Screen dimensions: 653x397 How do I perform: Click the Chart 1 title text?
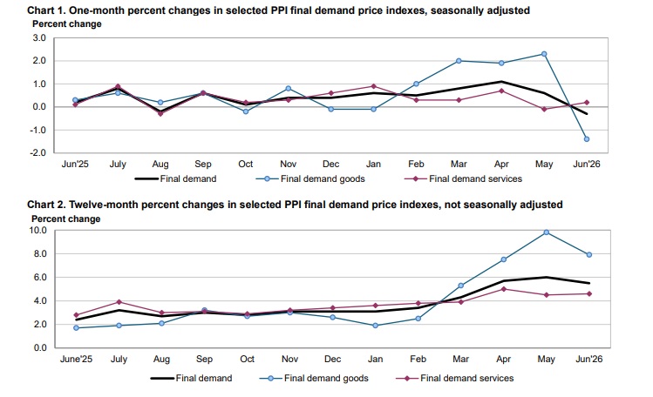pyautogui.click(x=279, y=10)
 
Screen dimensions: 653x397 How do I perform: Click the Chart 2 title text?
pyautogui.click(x=295, y=205)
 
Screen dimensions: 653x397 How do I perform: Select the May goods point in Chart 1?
pyautogui.click(x=544, y=54)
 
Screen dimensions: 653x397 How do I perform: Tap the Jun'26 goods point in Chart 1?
pyautogui.click(x=587, y=139)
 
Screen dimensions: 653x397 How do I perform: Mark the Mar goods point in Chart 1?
pyautogui.click(x=459, y=61)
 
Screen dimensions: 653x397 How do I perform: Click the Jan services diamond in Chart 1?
pyautogui.click(x=373, y=86)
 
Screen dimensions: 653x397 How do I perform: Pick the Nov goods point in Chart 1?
pyautogui.click(x=289, y=89)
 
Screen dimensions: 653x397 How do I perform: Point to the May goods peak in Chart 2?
pyautogui.click(x=547, y=232)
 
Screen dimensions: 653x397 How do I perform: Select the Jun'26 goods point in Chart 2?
pyautogui.click(x=589, y=255)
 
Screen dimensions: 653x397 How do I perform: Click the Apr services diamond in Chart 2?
pyautogui.click(x=504, y=289)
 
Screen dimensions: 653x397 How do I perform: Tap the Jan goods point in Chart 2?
pyautogui.click(x=375, y=326)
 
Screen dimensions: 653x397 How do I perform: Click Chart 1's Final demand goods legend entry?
pyautogui.click(x=310, y=178)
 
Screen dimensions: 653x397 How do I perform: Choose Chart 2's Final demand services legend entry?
pyautogui.click(x=455, y=379)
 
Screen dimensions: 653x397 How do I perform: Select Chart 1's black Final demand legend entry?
pyautogui.click(x=176, y=178)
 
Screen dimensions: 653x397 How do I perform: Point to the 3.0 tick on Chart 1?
pyautogui.click(x=38, y=37)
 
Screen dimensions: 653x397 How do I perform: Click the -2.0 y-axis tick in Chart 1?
pyautogui.click(x=37, y=152)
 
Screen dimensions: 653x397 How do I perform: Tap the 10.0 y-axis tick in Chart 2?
pyautogui.click(x=37, y=230)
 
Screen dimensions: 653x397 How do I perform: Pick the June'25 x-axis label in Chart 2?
pyautogui.click(x=76, y=359)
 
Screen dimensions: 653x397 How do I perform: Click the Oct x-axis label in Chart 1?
pyautogui.click(x=246, y=164)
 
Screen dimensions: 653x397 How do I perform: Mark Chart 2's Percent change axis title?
pyautogui.click(x=65, y=219)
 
